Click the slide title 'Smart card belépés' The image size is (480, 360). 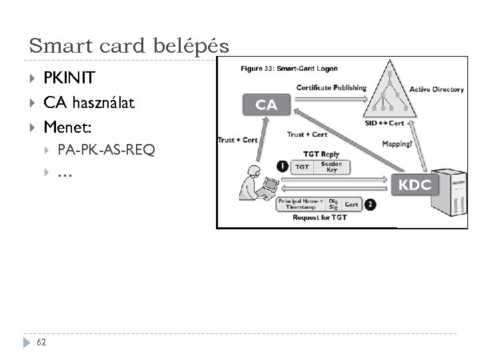pyautogui.click(x=129, y=46)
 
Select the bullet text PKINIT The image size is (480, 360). pyautogui.click(x=69, y=79)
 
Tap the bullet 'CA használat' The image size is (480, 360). pyautogui.click(x=89, y=103)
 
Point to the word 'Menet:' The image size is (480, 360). pyautogui.click(x=68, y=126)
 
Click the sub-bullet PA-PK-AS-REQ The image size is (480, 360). pyautogui.click(x=106, y=150)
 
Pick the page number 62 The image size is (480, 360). pyautogui.click(x=42, y=343)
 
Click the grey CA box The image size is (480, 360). pyautogui.click(x=267, y=105)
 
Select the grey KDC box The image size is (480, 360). pyautogui.click(x=415, y=185)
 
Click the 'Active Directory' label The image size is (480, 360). pyautogui.click(x=437, y=89)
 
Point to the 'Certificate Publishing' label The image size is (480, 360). pyautogui.click(x=331, y=88)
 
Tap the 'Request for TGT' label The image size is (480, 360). pyautogui.click(x=320, y=218)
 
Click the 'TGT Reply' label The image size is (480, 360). pyautogui.click(x=321, y=154)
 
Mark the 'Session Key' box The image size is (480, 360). pyautogui.click(x=331, y=167)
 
